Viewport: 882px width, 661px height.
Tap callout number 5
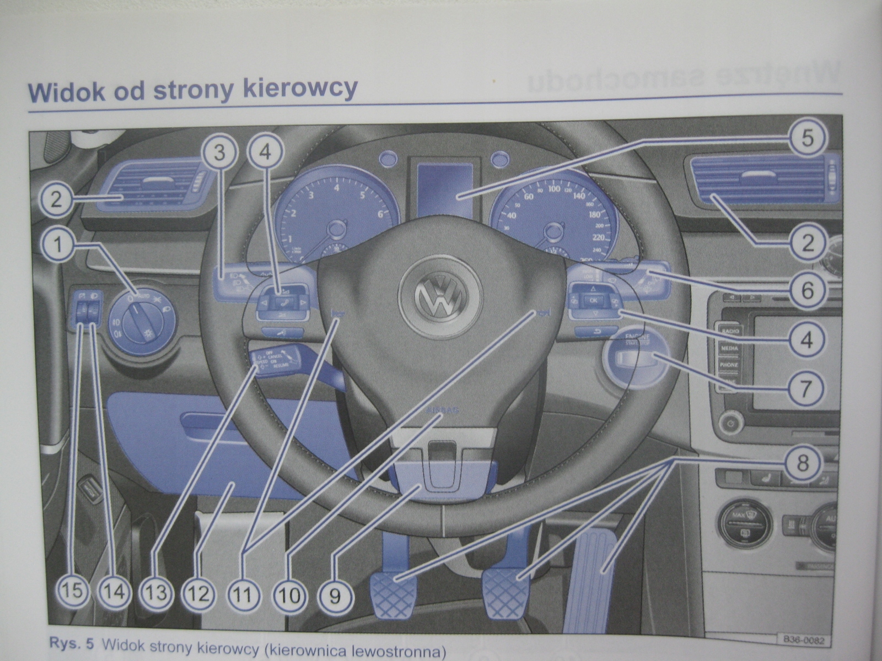(806, 138)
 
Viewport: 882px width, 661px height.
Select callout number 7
(805, 388)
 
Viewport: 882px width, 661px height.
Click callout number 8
(802, 462)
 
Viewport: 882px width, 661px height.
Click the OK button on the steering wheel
(594, 300)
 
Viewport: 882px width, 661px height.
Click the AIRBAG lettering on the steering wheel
(445, 411)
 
